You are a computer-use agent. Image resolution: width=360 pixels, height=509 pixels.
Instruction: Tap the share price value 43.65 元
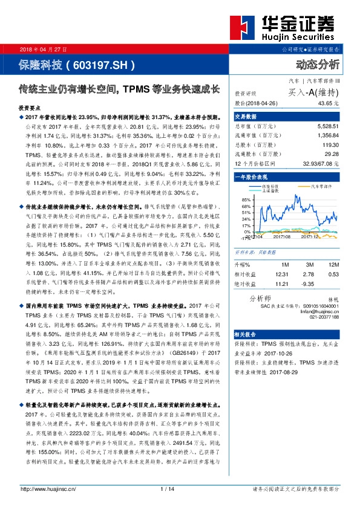[334, 103]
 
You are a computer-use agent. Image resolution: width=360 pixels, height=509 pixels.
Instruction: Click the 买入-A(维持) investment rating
[314, 92]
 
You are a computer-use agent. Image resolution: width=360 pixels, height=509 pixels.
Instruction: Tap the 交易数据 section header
[246, 117]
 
